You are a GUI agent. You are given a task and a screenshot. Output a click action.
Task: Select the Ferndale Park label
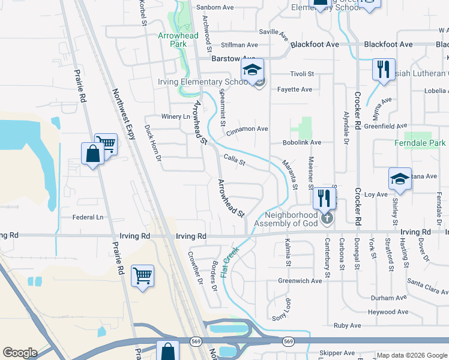tap(420, 143)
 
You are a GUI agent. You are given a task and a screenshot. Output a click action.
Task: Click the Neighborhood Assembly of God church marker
tap(327, 217)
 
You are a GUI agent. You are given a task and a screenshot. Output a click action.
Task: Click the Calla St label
tap(235, 161)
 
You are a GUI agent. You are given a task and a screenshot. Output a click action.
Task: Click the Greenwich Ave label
tap(300, 281)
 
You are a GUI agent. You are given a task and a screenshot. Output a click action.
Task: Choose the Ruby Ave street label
tap(348, 326)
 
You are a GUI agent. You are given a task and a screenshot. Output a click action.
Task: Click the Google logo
tap(20, 353)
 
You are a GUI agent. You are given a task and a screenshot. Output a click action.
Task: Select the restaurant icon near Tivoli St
tap(382, 69)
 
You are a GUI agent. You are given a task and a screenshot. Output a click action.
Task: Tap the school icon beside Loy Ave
tap(400, 179)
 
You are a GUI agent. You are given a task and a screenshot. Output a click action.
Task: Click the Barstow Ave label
tap(234, 59)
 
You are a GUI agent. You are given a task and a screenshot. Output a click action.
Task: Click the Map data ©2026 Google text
tap(411, 355)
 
